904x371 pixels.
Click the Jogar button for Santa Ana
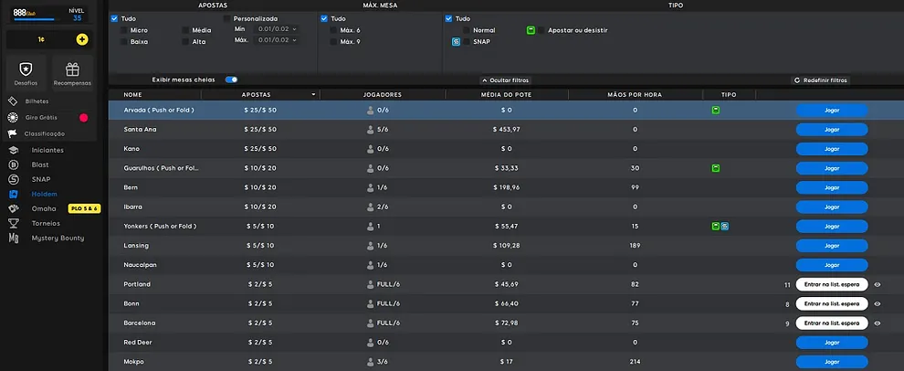pyautogui.click(x=831, y=129)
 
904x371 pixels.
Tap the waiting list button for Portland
pyautogui.click(x=831, y=284)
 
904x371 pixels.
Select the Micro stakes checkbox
pyautogui.click(x=124, y=30)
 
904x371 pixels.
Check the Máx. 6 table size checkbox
pyautogui.click(x=334, y=30)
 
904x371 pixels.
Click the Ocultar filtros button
pyautogui.click(x=505, y=80)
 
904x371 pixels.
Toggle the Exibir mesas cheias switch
pyautogui.click(x=231, y=79)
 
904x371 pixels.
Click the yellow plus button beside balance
pyautogui.click(x=82, y=39)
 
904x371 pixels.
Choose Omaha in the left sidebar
pyautogui.click(x=44, y=208)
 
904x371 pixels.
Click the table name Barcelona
pyautogui.click(x=140, y=323)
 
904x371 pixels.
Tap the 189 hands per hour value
pyautogui.click(x=635, y=245)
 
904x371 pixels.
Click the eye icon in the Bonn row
pyautogui.click(x=878, y=303)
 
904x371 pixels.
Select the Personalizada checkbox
pyautogui.click(x=226, y=18)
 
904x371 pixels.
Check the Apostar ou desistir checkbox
pyautogui.click(x=541, y=30)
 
